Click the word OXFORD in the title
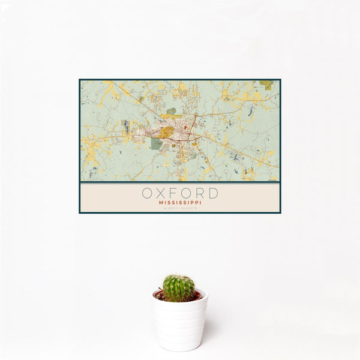tap(180, 194)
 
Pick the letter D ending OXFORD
tap(213, 194)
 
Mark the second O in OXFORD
tap(187, 194)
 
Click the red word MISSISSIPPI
tap(180, 203)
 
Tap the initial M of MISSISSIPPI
tap(161, 203)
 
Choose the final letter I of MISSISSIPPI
tap(200, 203)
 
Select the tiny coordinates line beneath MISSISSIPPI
tap(180, 208)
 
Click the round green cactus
tap(179, 288)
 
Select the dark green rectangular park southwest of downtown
tap(156, 144)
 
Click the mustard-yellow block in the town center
tap(167, 131)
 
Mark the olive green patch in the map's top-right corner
tap(266, 84)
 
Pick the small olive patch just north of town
tap(172, 111)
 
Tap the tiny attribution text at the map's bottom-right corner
tap(273, 180)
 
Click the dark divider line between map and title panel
tap(180, 182)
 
